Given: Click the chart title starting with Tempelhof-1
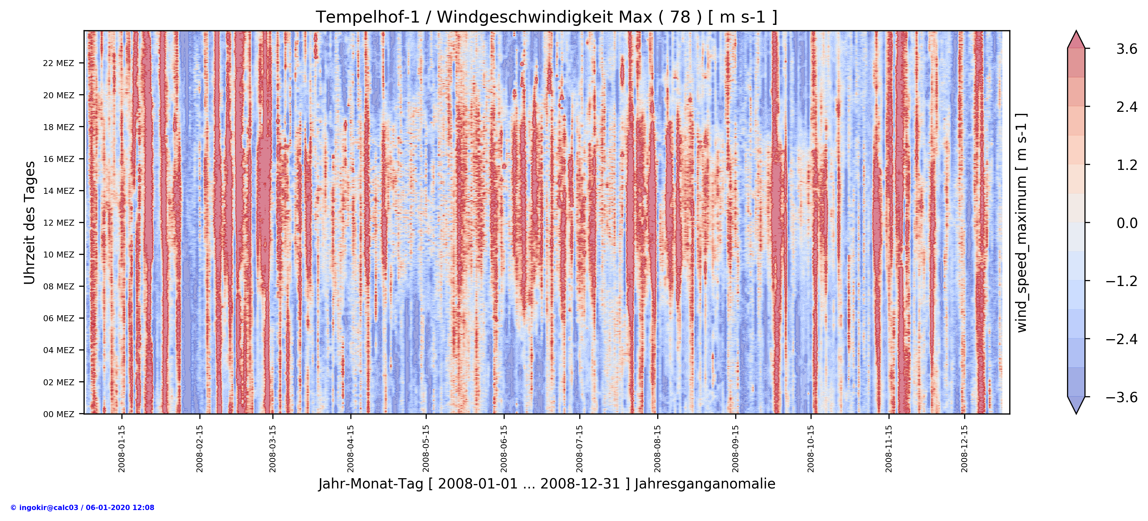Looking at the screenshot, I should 546,17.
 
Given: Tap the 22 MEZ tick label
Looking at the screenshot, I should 58,63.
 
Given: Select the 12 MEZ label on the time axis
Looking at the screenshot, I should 58,223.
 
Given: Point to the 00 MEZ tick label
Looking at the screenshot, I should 58,414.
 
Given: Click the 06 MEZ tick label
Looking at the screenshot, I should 58,318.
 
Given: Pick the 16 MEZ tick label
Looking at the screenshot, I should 58,159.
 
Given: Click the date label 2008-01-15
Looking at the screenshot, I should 122,448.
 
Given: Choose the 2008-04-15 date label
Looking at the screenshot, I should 351,448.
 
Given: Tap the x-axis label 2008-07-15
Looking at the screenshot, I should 579,448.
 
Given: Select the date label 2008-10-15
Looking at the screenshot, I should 811,448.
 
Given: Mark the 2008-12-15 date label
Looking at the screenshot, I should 965,448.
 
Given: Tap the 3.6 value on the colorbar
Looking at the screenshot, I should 1126,49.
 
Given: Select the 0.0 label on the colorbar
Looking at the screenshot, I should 1126,223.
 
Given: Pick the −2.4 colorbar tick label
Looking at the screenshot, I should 1121,339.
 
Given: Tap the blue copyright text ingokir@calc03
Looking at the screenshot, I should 82,508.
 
